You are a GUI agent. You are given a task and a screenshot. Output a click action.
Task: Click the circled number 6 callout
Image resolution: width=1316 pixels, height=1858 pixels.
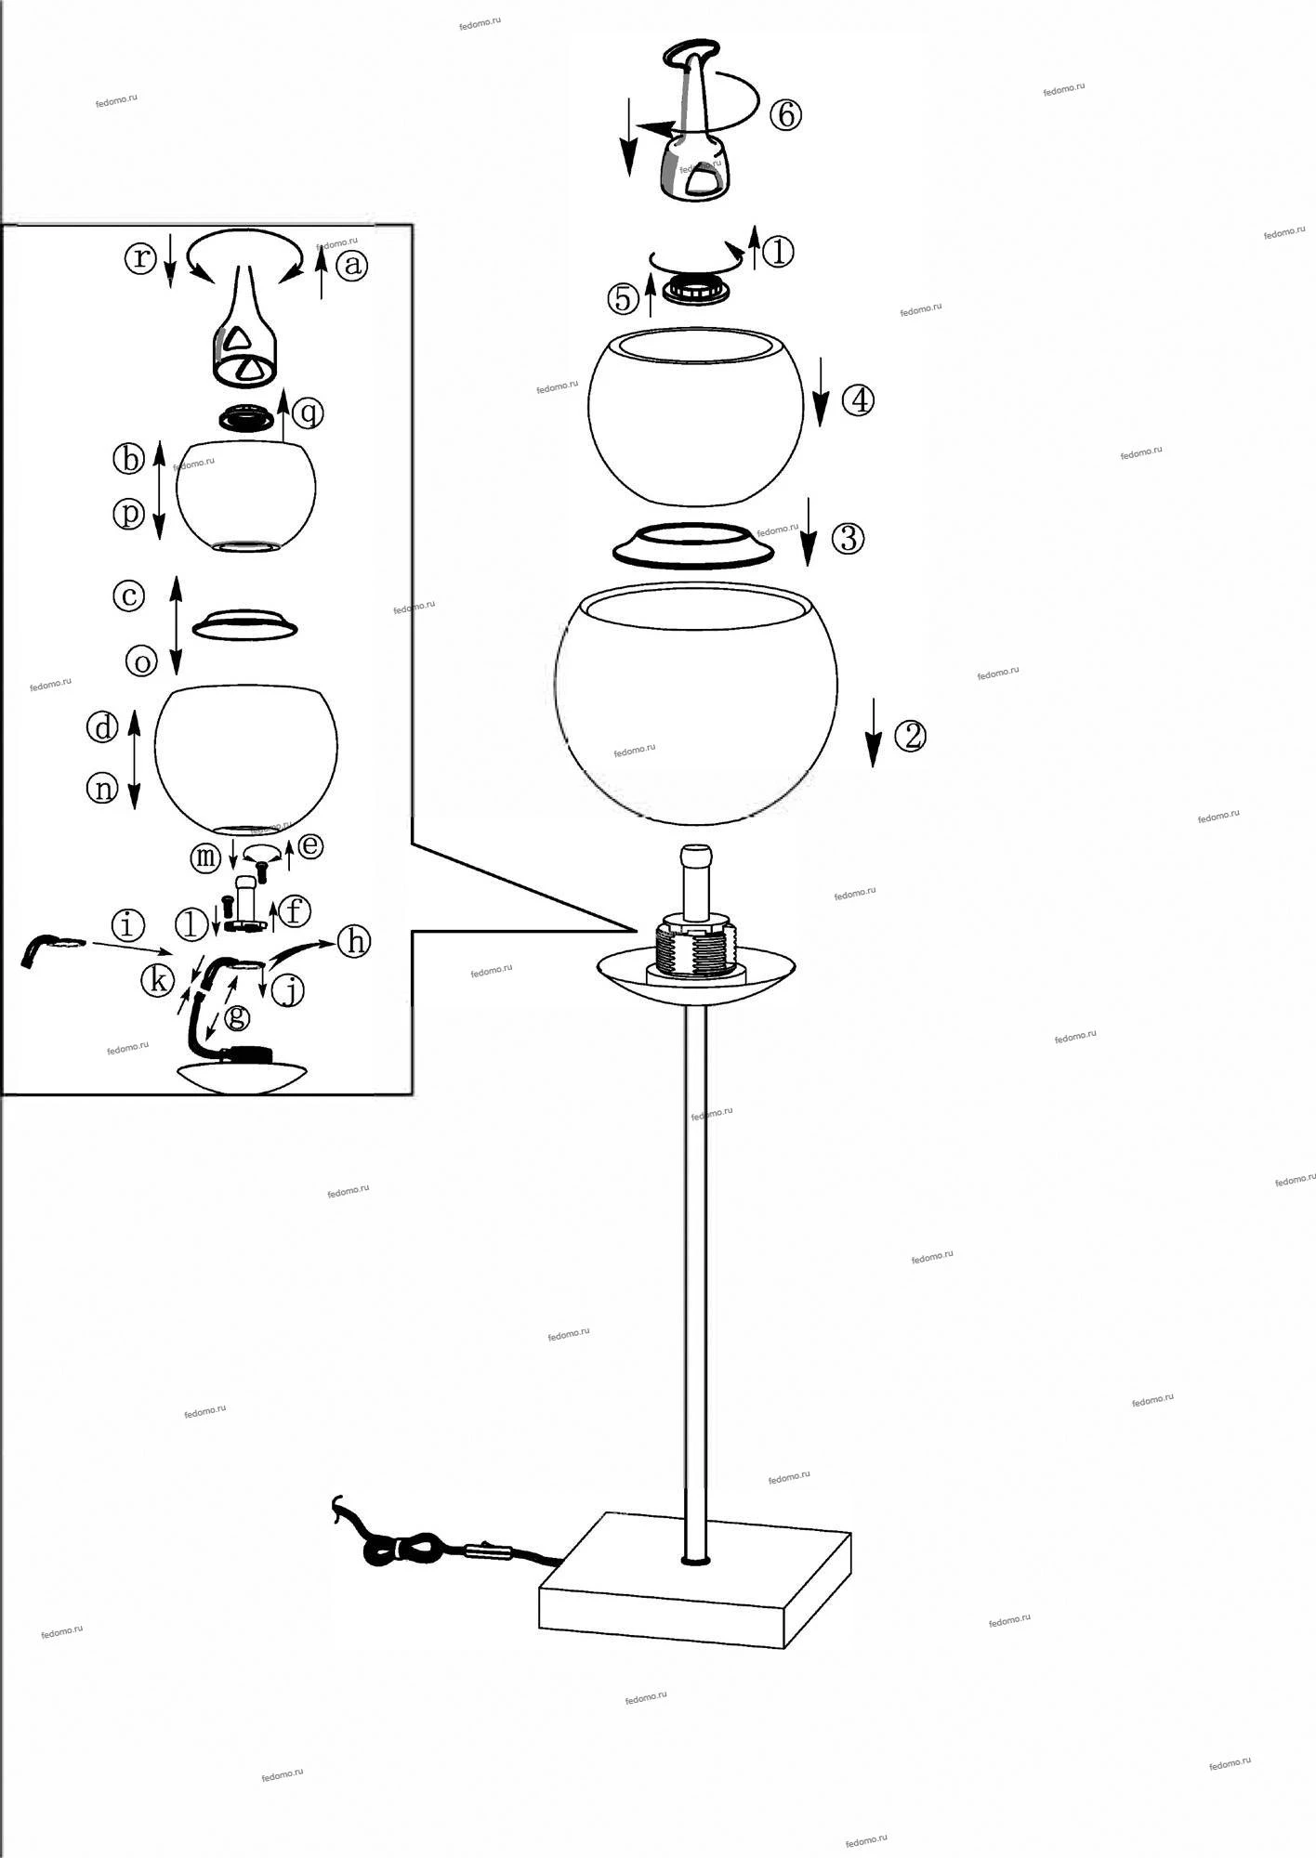785,115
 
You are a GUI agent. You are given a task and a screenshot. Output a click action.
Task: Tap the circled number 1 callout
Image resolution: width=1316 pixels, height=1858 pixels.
777,251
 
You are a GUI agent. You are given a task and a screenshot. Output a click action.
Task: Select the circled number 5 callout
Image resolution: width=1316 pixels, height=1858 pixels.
623,298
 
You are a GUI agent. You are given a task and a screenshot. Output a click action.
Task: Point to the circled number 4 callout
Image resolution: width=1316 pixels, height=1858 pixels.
858,400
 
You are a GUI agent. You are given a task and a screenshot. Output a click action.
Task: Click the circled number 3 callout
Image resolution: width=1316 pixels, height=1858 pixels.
847,538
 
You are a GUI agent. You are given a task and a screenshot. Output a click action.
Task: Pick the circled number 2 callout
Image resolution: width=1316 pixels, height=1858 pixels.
910,736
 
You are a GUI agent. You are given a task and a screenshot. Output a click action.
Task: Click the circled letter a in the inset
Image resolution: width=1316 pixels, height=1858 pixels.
351,267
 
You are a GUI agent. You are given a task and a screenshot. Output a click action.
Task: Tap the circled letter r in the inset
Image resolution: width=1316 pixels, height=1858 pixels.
140,258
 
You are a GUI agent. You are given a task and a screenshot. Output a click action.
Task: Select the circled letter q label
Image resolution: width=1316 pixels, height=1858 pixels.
308,411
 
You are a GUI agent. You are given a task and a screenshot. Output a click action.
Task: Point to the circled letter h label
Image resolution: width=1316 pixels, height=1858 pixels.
353,942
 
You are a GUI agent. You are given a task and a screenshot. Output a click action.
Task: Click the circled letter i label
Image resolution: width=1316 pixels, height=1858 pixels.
127,925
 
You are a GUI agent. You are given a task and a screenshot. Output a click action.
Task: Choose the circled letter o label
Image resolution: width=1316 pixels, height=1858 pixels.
142,661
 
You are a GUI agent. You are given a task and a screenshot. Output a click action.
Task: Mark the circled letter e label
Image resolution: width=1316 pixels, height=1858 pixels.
310,844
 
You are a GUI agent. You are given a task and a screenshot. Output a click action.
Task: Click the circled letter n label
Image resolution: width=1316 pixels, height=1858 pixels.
102,789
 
